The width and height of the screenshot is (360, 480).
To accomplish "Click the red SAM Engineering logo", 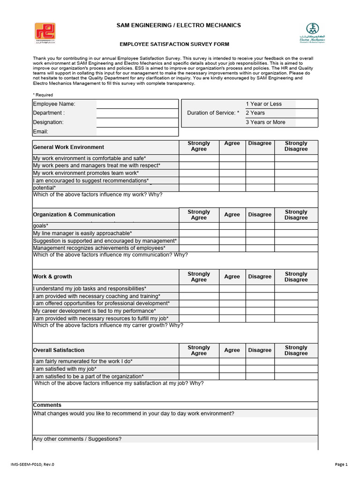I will coord(45,32).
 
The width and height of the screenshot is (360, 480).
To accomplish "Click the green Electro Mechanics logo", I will coord(312,32).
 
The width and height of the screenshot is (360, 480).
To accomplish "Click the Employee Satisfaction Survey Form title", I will coord(174,44).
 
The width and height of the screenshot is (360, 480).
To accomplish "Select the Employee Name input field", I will coord(138,104).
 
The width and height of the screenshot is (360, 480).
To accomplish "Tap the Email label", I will coord(41,132).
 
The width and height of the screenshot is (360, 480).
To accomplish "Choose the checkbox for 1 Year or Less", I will coord(307,104).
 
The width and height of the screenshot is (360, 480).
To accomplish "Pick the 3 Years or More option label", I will coord(265,122).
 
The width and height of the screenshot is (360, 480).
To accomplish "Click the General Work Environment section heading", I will coord(68,147).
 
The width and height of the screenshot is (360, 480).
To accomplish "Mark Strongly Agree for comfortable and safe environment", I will coord(199,158).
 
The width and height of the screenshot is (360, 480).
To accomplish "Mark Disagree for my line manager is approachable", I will coord(260,233).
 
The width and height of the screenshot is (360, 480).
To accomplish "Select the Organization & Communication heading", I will coord(74,215).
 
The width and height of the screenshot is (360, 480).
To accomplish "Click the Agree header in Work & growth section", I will coord(232,277).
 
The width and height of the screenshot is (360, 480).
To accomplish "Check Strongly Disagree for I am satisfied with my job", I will coord(296,369).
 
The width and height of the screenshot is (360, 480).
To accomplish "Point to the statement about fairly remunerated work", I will coord(83,361).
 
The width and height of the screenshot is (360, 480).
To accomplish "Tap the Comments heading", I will coord(47,405).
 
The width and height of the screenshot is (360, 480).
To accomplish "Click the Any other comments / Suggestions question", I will coord(77,439).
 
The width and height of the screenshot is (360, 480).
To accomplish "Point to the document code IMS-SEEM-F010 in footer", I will coord(32,465).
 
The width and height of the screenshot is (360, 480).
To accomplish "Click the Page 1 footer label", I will coord(341,465).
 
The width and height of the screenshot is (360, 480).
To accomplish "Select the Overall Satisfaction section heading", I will coord(59,350).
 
